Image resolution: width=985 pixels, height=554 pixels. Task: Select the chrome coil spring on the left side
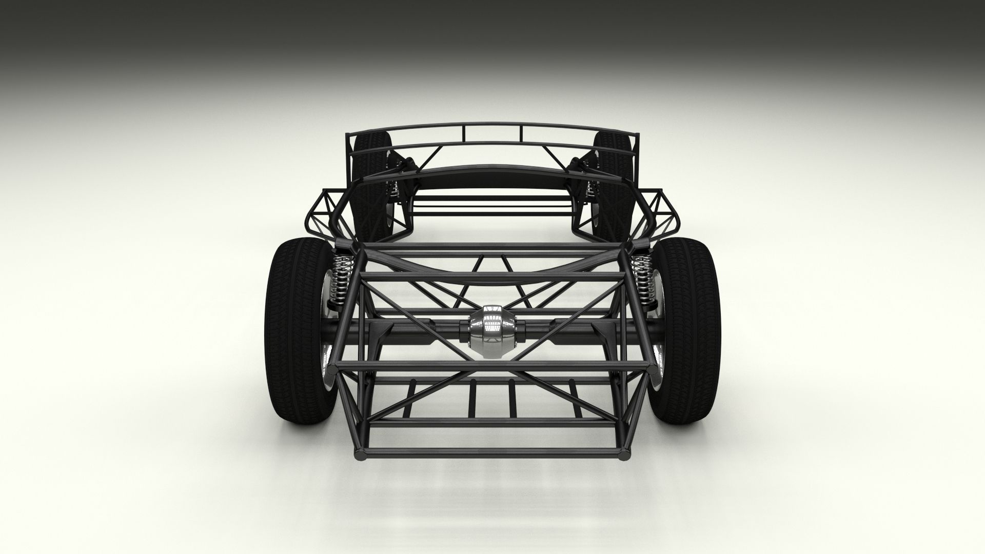[340, 277]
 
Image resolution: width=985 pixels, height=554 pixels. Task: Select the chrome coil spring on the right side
[641, 277]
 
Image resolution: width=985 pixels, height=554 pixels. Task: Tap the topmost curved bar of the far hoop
[493, 125]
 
